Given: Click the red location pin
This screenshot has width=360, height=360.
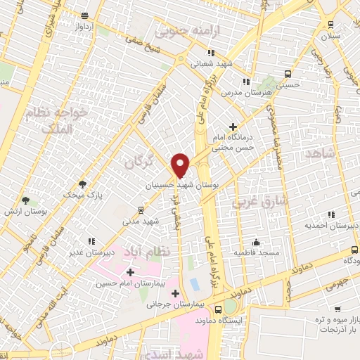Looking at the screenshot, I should click(181, 165).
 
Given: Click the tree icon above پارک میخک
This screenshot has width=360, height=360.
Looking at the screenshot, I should click(82, 184).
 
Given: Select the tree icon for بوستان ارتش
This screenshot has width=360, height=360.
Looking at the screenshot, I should click(26, 200).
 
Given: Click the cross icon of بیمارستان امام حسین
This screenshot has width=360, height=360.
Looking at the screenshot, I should click(129, 272).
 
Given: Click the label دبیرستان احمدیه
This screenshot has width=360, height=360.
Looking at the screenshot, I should click(328, 226).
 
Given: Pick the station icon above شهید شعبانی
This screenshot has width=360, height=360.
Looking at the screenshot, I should click(210, 52).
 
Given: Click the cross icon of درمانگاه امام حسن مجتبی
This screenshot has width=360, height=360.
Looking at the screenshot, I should click(233, 126).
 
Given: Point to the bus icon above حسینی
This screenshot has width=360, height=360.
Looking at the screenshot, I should click(288, 74).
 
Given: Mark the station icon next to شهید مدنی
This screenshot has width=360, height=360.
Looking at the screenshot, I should click(141, 210).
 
